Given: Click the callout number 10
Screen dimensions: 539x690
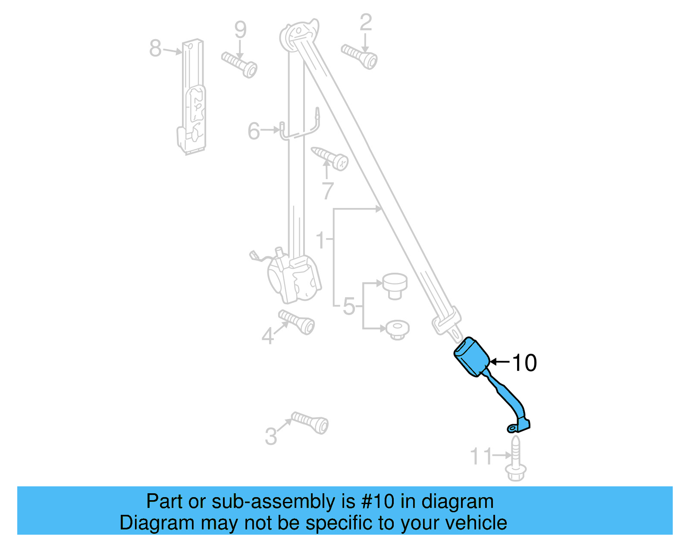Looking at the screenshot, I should (x=524, y=362).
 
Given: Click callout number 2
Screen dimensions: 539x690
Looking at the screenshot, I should (x=365, y=22).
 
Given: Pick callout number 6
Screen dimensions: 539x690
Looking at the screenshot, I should (x=254, y=131).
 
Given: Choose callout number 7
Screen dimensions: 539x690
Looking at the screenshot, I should (x=328, y=190).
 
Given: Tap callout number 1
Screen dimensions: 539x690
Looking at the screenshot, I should (x=320, y=240).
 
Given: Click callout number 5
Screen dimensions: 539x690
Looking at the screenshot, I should (x=348, y=306).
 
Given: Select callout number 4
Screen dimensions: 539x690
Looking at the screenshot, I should (x=267, y=336).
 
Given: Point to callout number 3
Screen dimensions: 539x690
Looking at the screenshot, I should (x=271, y=436).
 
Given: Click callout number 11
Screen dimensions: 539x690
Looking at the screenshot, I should (x=480, y=456).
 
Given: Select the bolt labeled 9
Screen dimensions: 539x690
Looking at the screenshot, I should (x=240, y=64).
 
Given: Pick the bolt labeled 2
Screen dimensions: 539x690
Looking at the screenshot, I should (x=360, y=56).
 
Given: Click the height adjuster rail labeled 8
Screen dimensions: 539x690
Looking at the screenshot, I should (x=192, y=97).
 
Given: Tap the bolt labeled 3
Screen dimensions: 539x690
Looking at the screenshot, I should (x=310, y=422).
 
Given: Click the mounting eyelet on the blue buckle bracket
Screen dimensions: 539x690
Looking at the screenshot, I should (x=512, y=428).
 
